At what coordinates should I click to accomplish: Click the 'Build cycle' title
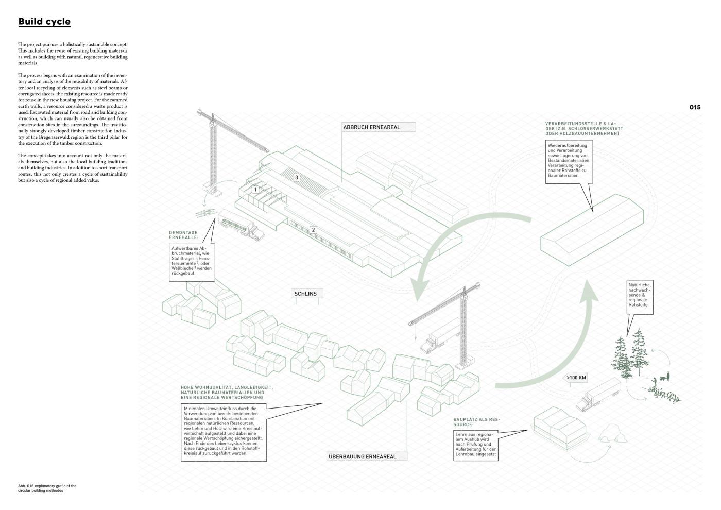(x=44, y=22)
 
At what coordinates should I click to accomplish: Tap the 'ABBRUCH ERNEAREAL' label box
(x=379, y=127)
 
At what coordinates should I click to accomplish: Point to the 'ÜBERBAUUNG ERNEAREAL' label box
(x=367, y=456)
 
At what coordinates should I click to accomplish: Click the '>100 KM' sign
(x=576, y=378)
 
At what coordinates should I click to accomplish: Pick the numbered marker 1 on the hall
(x=254, y=190)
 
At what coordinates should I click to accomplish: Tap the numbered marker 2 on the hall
(x=313, y=230)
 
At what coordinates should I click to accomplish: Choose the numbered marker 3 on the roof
(x=296, y=178)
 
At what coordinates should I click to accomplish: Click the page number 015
(x=695, y=108)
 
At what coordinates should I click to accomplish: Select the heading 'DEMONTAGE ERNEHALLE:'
(x=183, y=235)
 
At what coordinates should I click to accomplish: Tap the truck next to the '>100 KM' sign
(x=600, y=394)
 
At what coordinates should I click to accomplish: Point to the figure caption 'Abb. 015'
(x=47, y=488)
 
